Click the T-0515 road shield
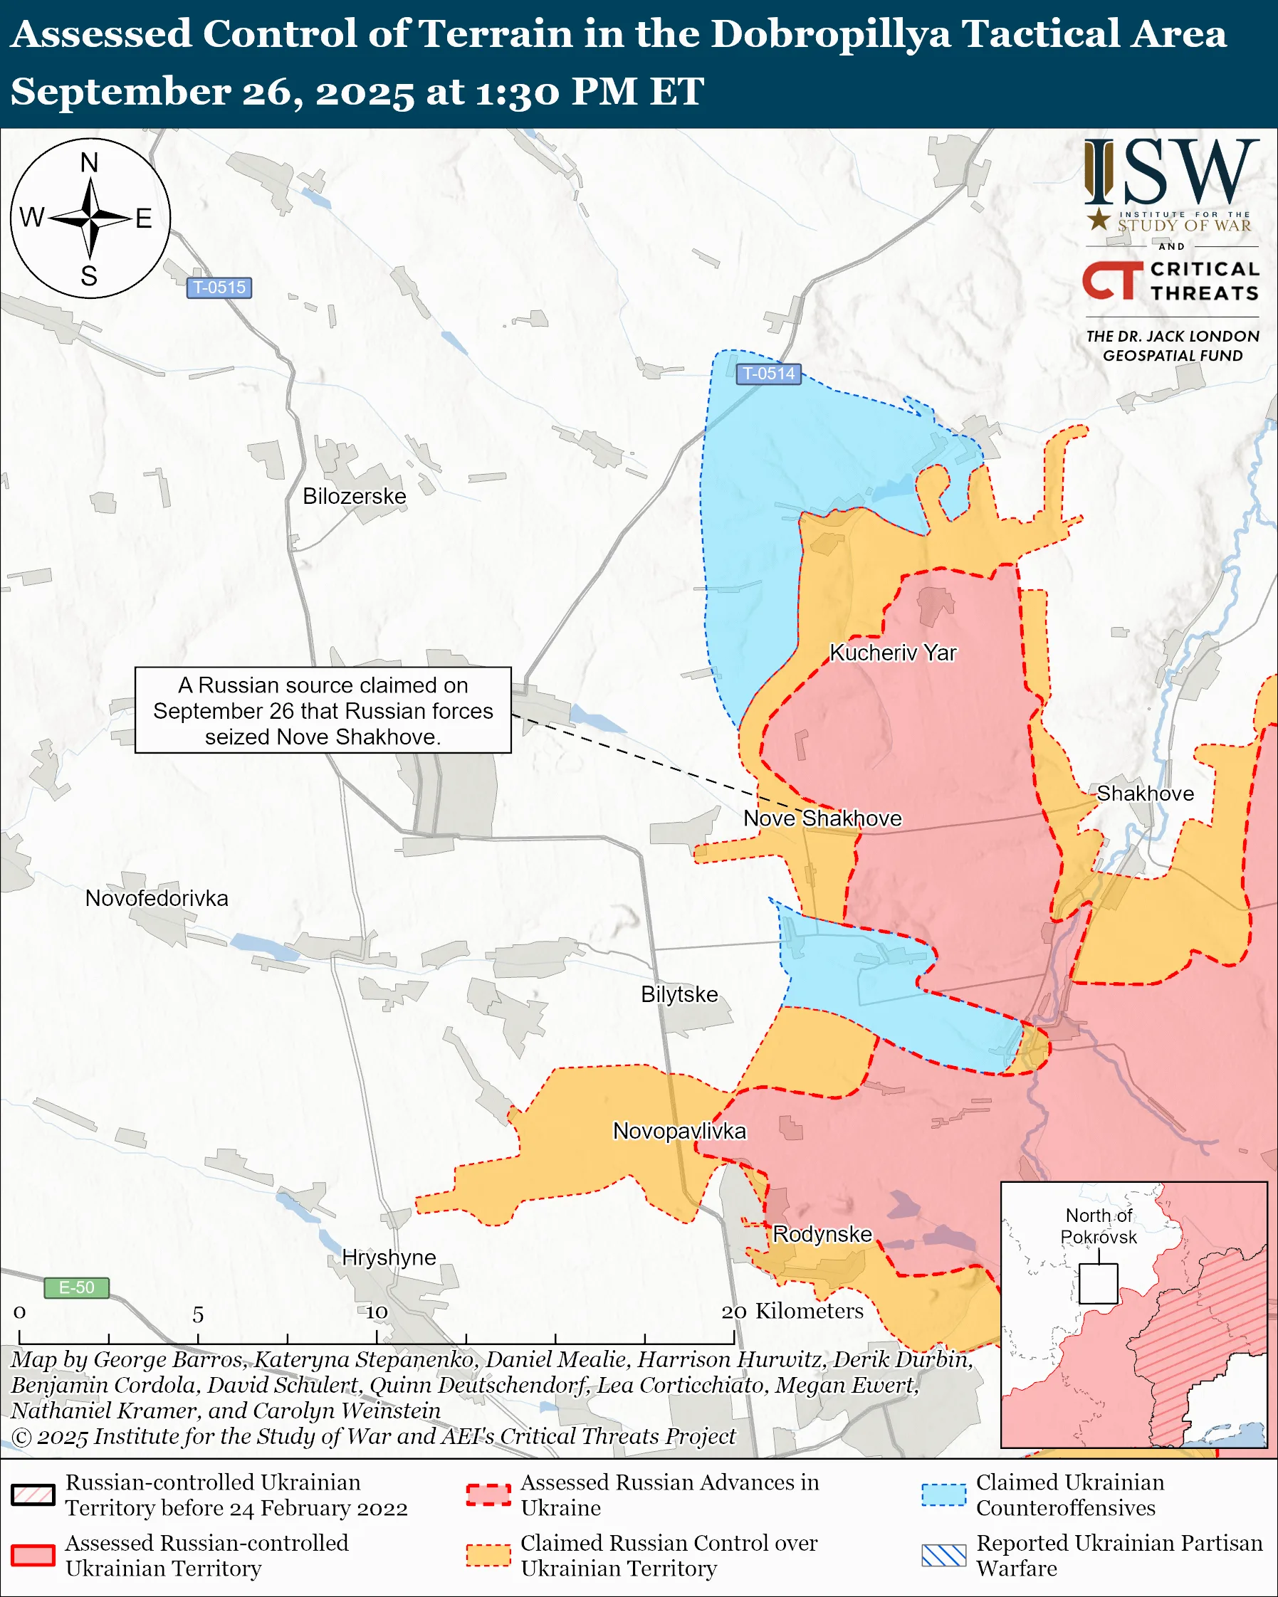point(219,288)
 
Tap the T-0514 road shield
point(768,374)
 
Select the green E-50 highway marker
point(76,1287)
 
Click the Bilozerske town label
point(354,495)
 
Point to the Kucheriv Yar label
point(892,653)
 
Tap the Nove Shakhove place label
point(822,818)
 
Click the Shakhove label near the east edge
point(1145,794)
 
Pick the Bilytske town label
point(679,994)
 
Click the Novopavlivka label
point(679,1131)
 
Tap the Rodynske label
point(822,1234)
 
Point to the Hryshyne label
point(388,1257)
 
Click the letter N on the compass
point(89,163)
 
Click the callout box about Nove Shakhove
point(323,710)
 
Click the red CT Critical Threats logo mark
point(1111,280)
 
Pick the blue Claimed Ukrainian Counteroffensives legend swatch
point(943,1495)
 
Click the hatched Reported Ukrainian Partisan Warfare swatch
point(943,1556)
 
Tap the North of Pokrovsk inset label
point(1098,1226)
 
